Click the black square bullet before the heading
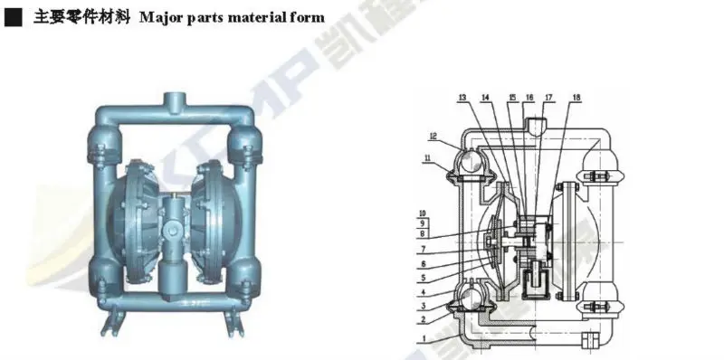(x=11, y=16)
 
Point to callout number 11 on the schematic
(x=424, y=158)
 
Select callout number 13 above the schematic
(x=462, y=97)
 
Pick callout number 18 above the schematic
(x=576, y=97)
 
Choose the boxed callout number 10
(x=423, y=213)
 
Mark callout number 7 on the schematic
(x=423, y=248)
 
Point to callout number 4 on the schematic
(x=423, y=292)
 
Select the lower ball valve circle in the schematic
(x=472, y=296)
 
